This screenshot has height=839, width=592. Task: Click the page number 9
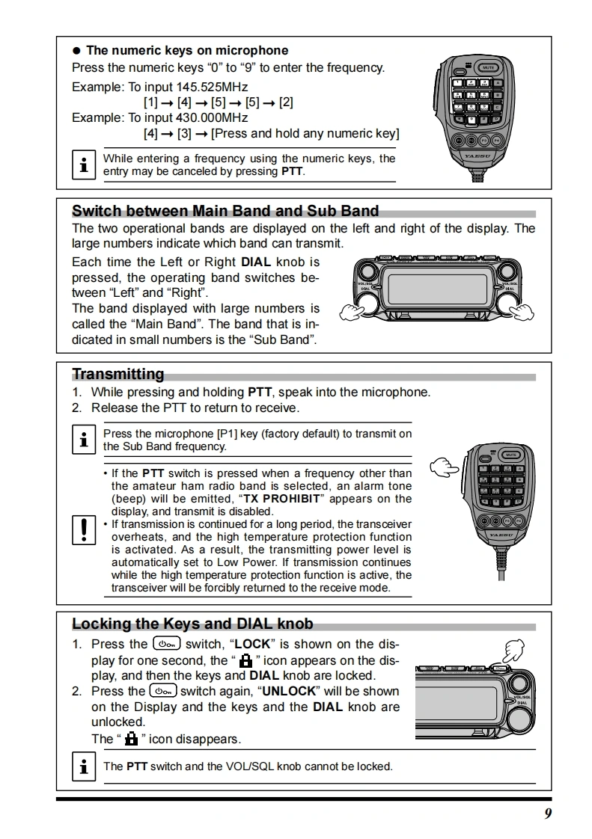click(x=548, y=814)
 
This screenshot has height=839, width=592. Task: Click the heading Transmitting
click(x=118, y=374)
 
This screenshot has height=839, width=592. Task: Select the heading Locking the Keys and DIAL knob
click(x=192, y=624)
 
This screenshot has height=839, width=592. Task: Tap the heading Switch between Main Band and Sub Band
click(x=225, y=211)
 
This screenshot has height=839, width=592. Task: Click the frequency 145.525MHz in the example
click(x=212, y=87)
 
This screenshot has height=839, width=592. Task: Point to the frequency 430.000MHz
click(x=212, y=117)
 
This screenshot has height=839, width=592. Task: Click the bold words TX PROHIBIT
click(x=281, y=499)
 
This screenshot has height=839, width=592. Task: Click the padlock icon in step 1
click(x=245, y=661)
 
